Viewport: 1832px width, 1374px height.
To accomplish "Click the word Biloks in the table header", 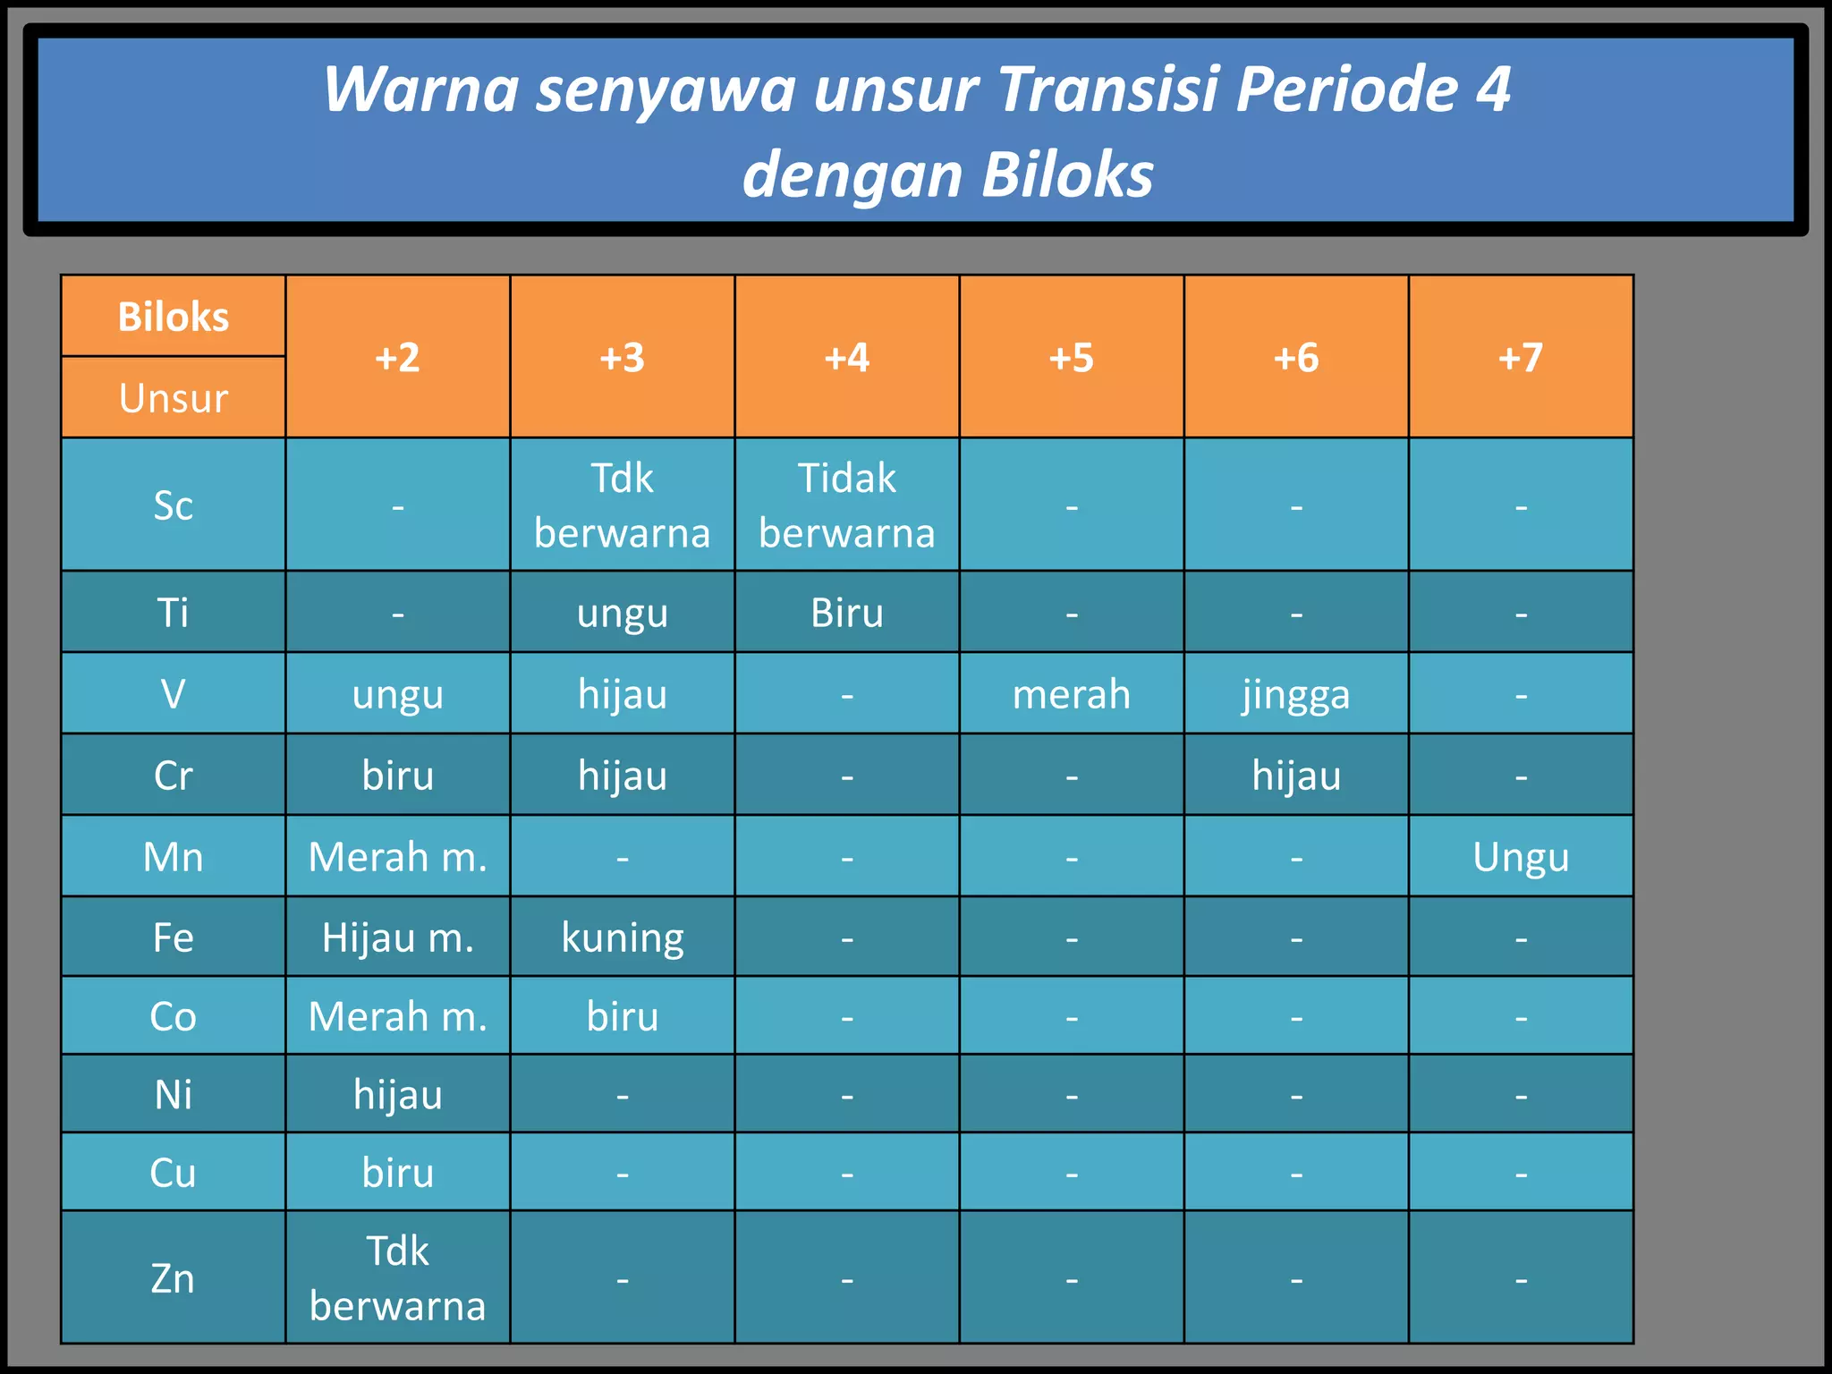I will (174, 317).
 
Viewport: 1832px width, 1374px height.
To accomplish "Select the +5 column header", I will (1071, 357).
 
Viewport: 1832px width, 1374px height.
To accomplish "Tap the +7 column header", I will (1520, 357).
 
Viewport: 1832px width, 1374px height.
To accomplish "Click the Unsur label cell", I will (174, 398).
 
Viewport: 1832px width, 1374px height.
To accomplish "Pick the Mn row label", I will (174, 856).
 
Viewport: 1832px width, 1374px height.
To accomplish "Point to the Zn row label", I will (174, 1277).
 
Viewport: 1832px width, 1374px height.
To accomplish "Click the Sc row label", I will (174, 505).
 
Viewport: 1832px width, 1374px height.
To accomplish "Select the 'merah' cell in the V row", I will (1071, 693).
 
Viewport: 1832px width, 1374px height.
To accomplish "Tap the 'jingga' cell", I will (1295, 693).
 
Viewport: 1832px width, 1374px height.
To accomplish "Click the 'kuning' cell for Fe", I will (623, 937).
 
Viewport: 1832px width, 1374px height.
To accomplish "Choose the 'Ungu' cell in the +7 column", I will (1520, 856).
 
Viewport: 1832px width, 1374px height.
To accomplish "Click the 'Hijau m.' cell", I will (398, 937).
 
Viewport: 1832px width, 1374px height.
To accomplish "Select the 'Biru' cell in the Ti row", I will (846, 613).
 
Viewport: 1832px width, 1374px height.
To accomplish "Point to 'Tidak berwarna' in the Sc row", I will (846, 505).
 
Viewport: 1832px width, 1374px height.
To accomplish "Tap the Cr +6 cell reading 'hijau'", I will (1295, 775).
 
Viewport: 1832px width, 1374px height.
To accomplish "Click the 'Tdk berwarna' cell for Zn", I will (398, 1277).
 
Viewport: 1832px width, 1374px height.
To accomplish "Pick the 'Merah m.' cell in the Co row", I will (398, 1016).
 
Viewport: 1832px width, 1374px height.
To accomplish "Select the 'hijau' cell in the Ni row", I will (398, 1094).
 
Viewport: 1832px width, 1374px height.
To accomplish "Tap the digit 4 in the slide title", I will (1492, 89).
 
